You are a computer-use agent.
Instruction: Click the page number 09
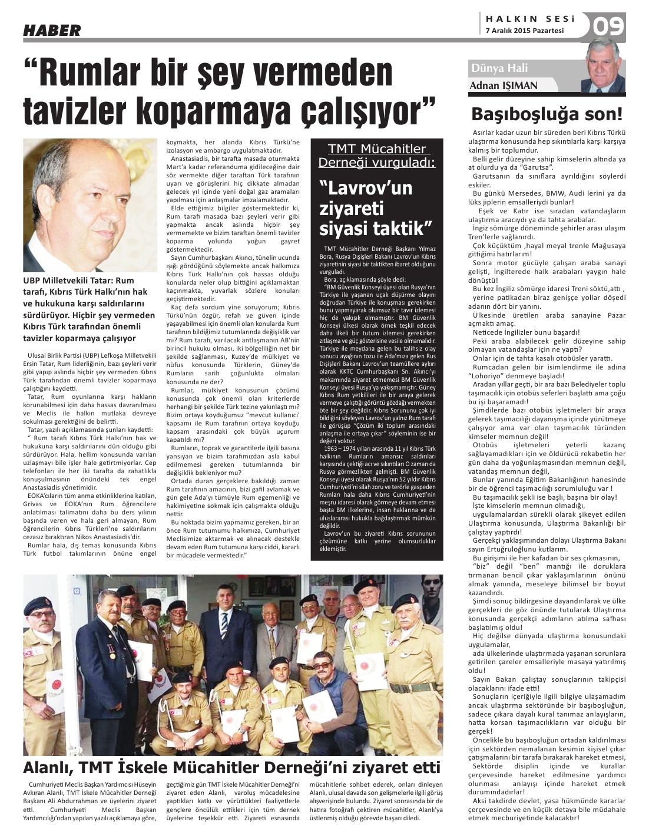608,27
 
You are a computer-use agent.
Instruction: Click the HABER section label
52,31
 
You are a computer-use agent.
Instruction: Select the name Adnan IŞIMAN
504,85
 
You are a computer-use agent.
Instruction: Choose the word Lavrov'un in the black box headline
365,189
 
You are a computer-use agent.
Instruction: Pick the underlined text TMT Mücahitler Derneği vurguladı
376,156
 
